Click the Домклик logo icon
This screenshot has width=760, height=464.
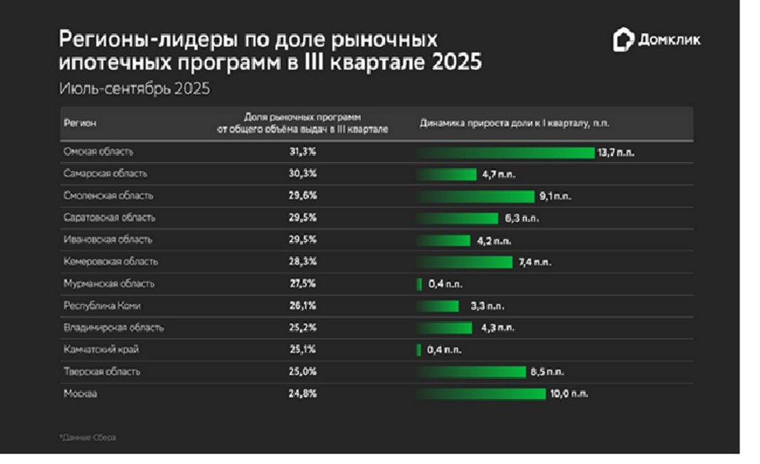623,41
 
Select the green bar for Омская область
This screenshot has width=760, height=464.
505,152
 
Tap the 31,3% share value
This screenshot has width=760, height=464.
302,152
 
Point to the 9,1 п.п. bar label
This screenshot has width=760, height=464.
555,196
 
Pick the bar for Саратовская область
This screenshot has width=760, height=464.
457,218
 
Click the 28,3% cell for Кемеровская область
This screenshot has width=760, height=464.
302,262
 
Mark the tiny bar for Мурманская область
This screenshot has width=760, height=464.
419,284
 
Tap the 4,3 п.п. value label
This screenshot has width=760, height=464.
496,328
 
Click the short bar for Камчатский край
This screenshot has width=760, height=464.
419,350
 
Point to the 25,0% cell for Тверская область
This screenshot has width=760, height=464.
302,371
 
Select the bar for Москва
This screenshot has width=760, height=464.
481,394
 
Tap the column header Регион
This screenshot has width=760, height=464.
80,123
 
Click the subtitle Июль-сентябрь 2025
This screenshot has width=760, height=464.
134,90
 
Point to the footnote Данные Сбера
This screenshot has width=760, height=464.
88,438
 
